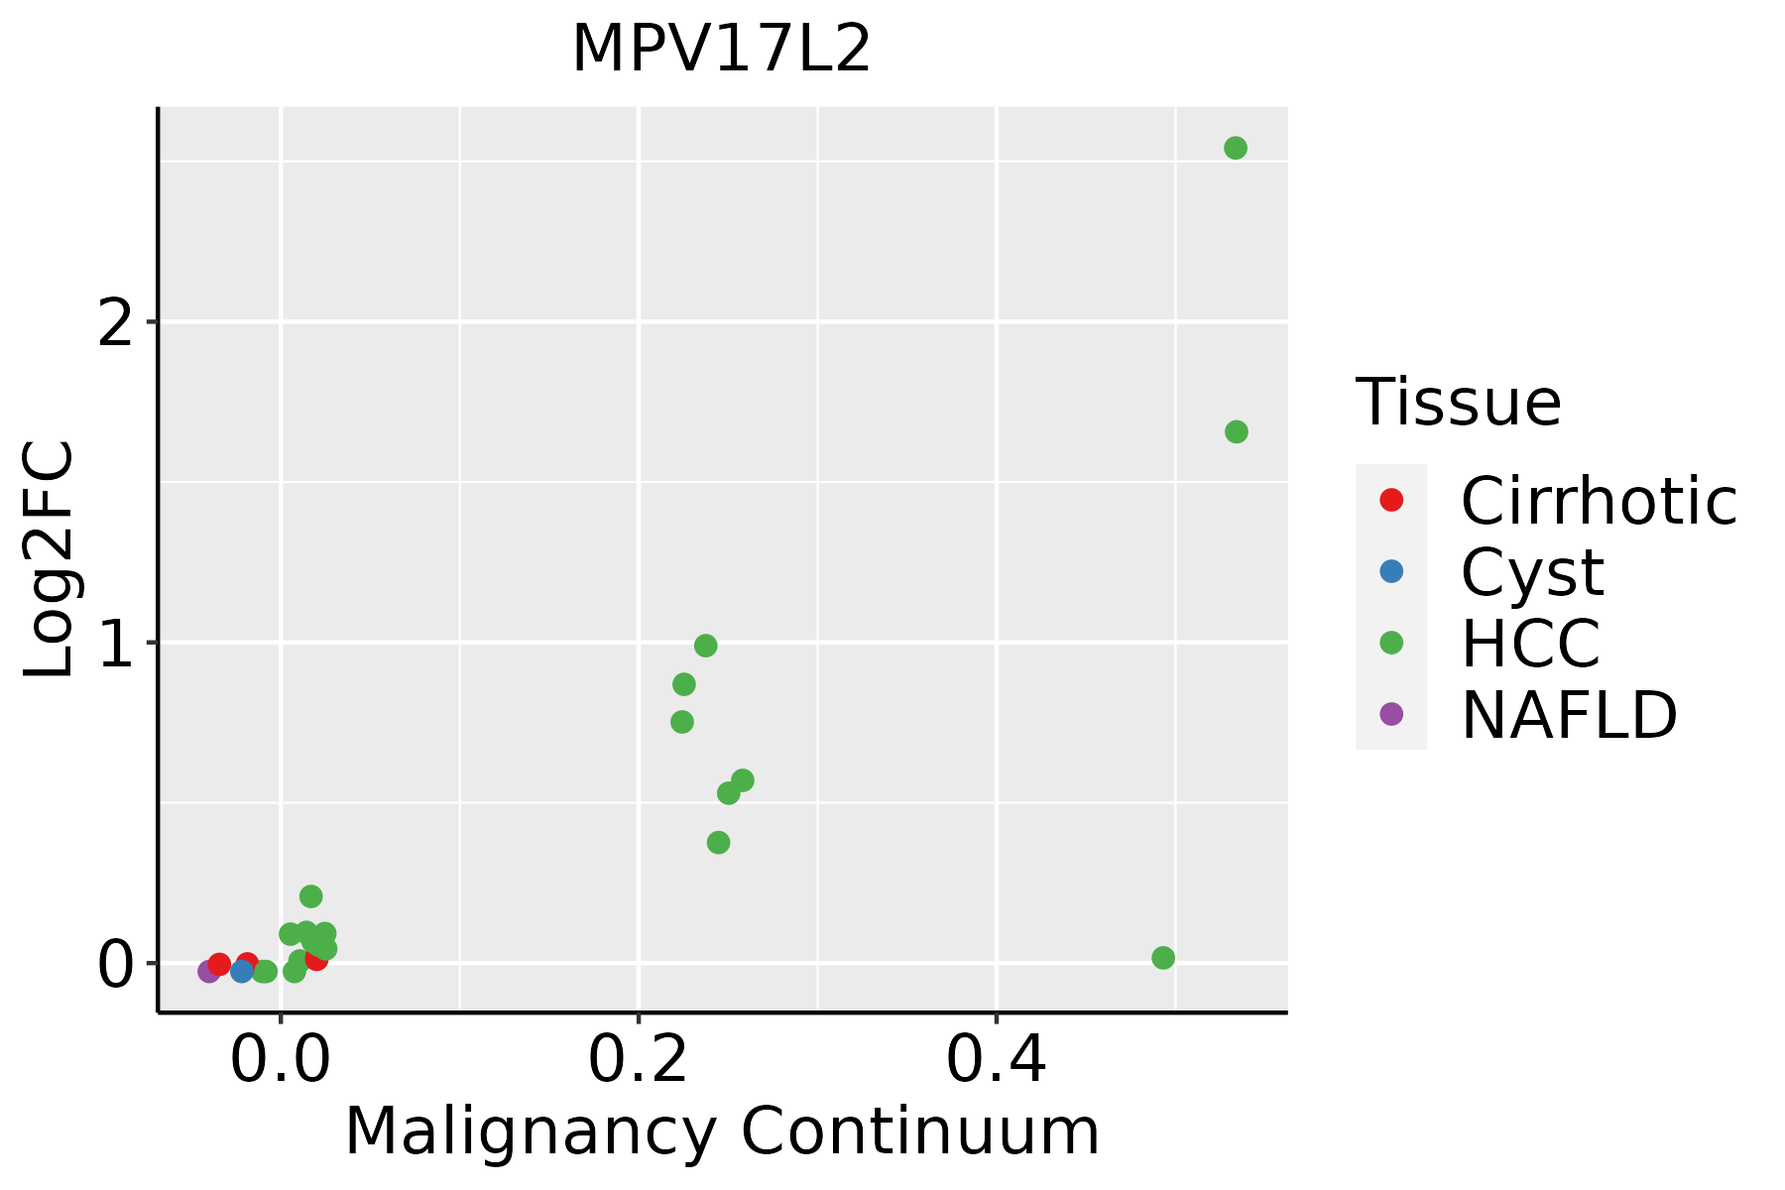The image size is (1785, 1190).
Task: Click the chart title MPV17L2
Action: [721, 50]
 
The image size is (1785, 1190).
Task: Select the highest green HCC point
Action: [1236, 148]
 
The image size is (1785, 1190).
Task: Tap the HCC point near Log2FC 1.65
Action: [1236, 431]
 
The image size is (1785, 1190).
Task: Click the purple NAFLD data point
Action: [208, 971]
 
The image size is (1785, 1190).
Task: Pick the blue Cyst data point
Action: [242, 971]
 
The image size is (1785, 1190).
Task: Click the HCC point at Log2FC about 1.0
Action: [706, 646]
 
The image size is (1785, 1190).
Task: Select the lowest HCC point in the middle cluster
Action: [719, 842]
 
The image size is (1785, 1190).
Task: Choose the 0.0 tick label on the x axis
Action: [281, 1061]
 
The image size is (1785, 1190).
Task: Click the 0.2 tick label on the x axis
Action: [639, 1061]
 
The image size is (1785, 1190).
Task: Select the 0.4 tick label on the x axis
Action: [996, 1061]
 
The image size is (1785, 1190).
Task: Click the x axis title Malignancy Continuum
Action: [722, 1131]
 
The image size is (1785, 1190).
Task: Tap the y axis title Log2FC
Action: [50, 560]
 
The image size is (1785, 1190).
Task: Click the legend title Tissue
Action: [1458, 403]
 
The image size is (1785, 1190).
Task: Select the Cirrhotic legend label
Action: [1599, 501]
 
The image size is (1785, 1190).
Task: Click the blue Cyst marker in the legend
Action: [1391, 571]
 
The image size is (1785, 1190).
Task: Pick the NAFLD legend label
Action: [1569, 714]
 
